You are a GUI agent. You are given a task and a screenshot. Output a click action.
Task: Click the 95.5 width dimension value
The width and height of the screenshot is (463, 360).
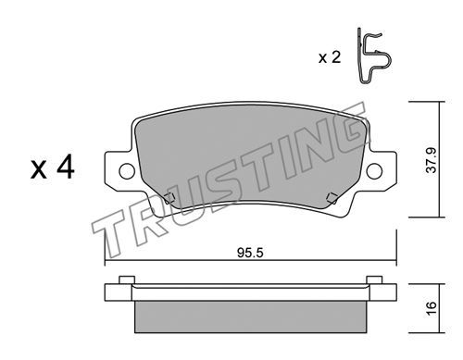250,254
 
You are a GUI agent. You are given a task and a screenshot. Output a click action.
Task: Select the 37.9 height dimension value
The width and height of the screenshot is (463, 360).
432,160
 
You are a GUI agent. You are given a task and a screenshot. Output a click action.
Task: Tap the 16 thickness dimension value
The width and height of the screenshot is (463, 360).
432,307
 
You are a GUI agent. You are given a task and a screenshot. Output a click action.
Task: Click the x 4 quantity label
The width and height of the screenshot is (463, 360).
53,167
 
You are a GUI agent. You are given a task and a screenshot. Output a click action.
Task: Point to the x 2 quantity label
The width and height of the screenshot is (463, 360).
330,57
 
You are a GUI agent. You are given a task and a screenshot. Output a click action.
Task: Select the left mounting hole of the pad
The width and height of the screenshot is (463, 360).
127,171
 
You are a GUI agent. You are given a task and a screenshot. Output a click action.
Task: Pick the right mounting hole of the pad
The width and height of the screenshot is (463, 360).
374,170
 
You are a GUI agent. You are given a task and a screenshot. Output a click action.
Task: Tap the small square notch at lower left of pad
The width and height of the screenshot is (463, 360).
169,198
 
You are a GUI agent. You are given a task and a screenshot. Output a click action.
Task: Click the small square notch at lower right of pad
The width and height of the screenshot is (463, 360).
332,197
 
